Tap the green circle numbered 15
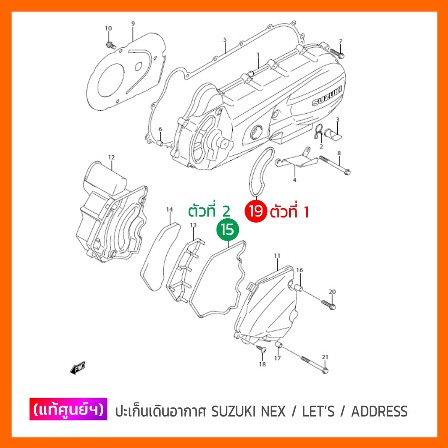click(x=227, y=229)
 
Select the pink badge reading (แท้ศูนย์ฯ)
click(x=68, y=411)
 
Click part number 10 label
click(x=108, y=28)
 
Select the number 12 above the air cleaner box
click(x=111, y=157)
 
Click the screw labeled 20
click(x=329, y=304)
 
